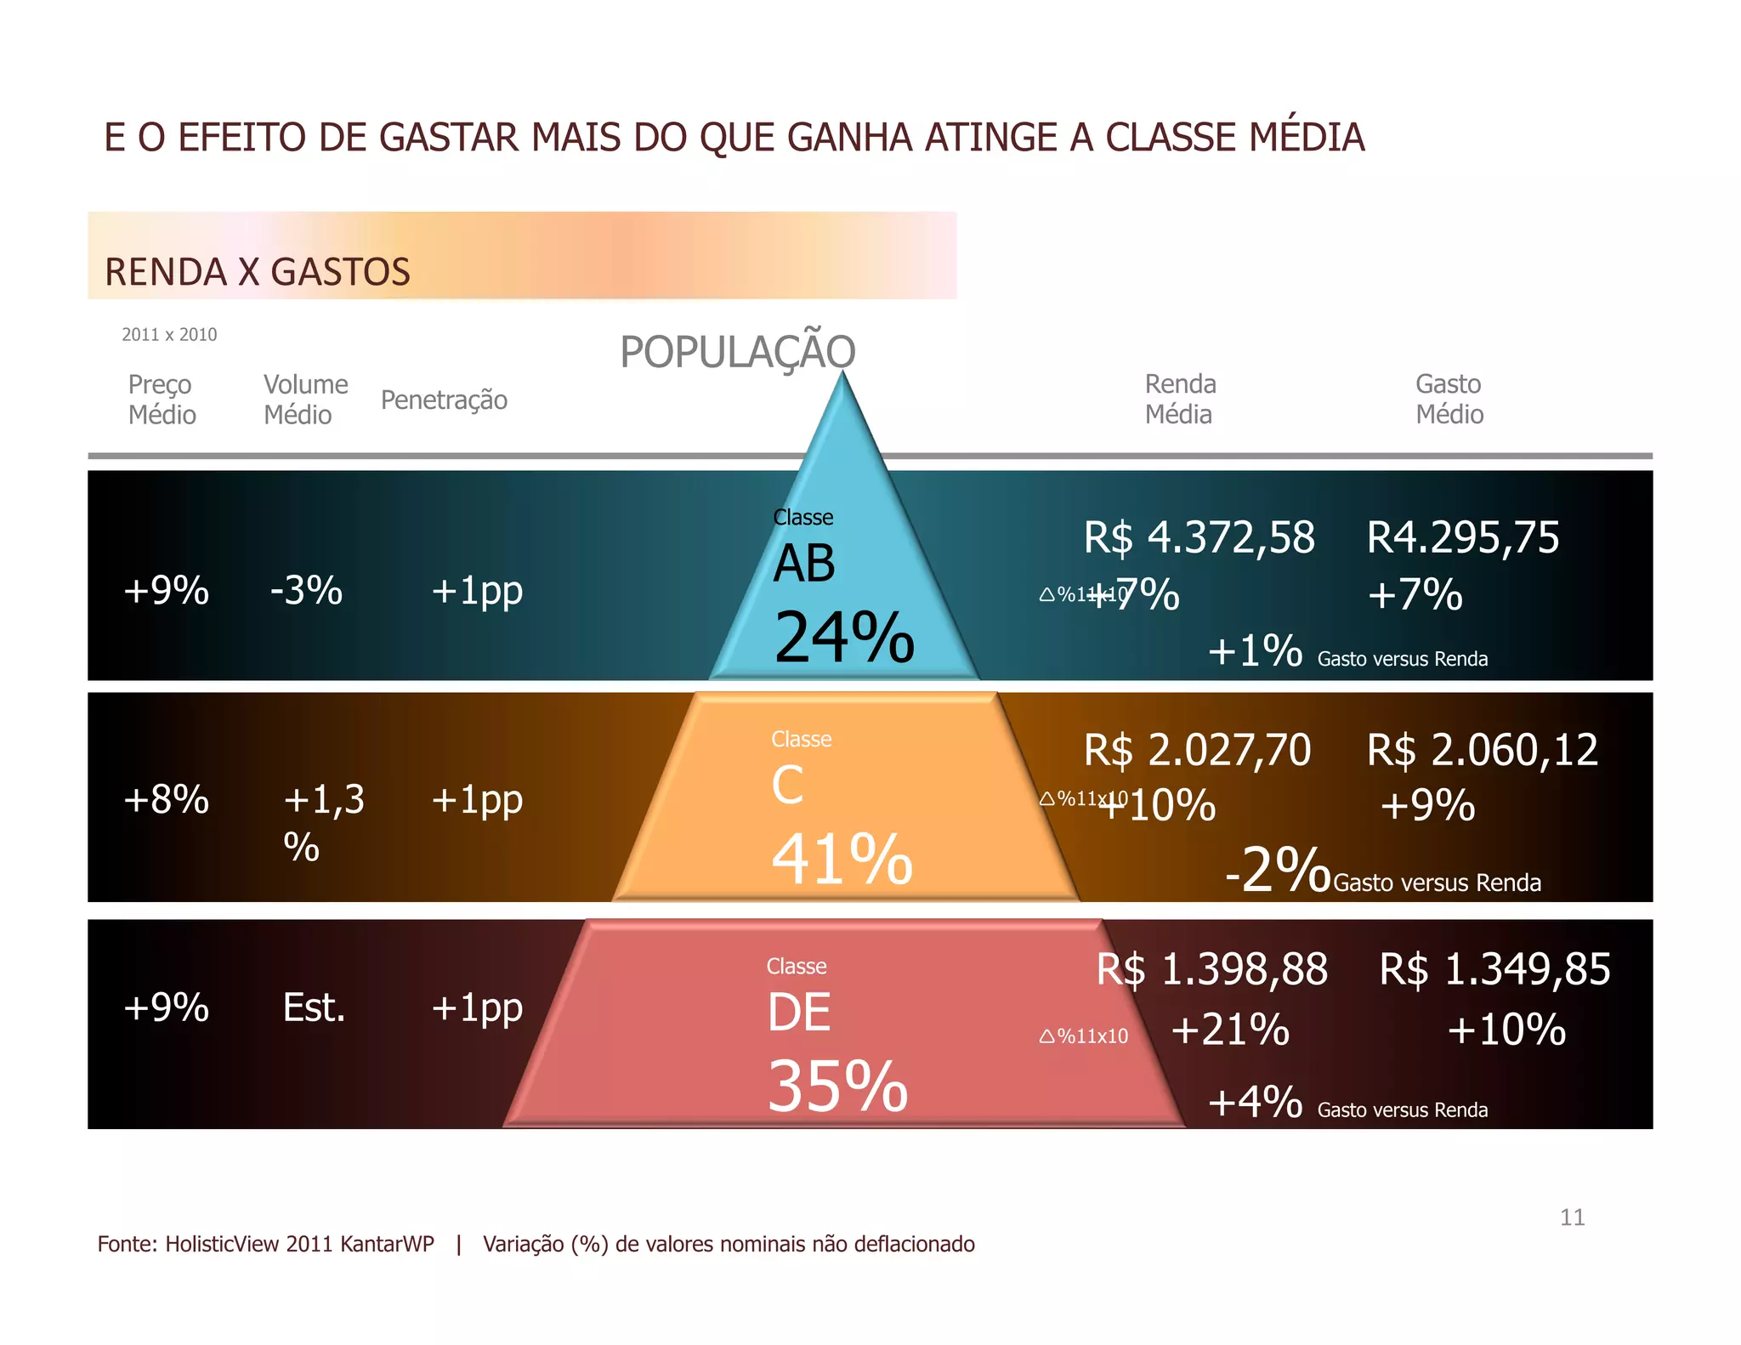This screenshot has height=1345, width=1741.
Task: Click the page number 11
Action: pos(1572,1217)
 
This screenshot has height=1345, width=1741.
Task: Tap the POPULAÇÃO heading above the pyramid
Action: pos(737,351)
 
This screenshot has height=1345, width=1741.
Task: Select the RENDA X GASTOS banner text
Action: pos(257,272)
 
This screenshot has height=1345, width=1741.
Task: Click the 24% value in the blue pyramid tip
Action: pos(843,638)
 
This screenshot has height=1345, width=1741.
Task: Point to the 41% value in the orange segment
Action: pos(842,860)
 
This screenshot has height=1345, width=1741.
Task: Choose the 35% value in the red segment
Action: pos(837,1087)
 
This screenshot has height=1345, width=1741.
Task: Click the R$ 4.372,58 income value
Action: pos(1199,538)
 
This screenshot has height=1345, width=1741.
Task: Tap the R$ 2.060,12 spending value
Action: pos(1482,751)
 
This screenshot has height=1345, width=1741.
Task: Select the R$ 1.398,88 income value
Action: pos(1211,970)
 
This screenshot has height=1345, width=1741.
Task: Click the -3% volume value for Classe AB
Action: pos(306,590)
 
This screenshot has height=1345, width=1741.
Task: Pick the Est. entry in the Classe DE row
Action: pos(314,1008)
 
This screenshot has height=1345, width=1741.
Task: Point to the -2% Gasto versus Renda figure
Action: pos(1277,870)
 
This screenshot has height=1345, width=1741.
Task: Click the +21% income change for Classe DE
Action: pos(1229,1030)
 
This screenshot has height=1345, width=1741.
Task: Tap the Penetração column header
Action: pos(444,400)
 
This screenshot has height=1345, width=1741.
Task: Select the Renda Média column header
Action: pos(1180,399)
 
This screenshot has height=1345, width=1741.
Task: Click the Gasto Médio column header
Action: pos(1449,399)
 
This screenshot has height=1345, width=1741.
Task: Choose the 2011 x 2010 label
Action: pos(169,334)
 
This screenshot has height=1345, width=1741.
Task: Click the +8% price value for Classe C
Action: pos(166,800)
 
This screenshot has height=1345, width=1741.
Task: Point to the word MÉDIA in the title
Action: pos(1306,138)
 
